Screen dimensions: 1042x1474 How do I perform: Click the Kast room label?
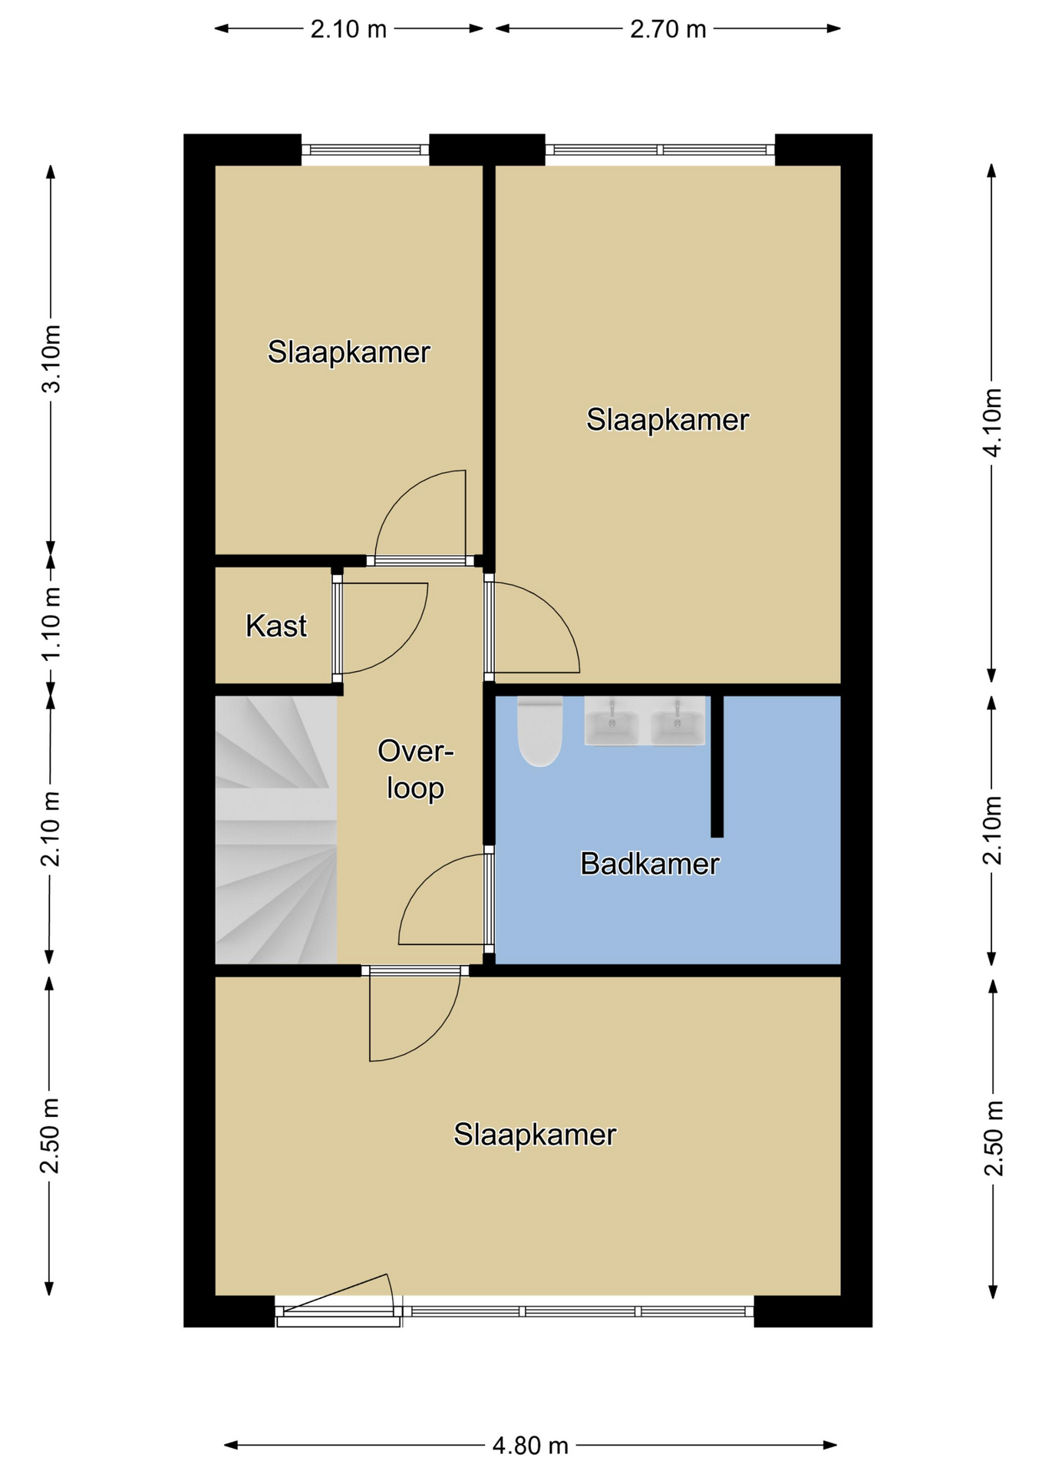pos(276,626)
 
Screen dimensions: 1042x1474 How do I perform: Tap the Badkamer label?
pos(650,864)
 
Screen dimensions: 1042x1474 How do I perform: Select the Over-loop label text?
pos(415,769)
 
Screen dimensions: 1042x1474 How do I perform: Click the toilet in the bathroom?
pos(540,731)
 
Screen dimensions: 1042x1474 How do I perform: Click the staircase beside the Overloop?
pos(275,830)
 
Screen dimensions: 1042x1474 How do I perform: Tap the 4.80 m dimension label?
pos(530,1446)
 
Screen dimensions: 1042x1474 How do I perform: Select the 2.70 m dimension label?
pos(668,29)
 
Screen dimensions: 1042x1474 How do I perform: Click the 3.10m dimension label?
pos(51,359)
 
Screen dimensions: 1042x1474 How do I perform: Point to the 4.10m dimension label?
pos(992,422)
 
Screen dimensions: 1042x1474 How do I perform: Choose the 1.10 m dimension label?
pos(51,624)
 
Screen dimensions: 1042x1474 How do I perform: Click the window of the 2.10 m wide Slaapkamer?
pos(364,150)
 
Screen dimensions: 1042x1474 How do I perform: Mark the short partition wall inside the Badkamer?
pos(717,766)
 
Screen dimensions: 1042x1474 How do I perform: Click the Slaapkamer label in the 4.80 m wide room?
pos(535,1135)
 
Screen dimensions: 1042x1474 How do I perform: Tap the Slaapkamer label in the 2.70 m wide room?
pos(668,420)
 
